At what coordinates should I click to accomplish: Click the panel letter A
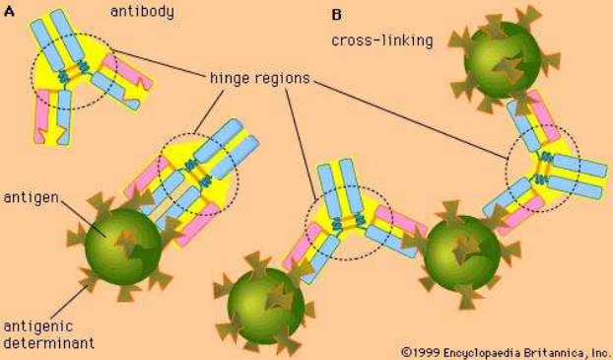tap(9, 12)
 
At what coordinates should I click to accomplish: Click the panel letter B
tap(336, 15)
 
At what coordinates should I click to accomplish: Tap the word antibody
tap(142, 12)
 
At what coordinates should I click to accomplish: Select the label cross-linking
tap(382, 40)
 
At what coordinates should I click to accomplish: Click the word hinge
tap(230, 79)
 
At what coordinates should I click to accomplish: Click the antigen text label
tap(32, 197)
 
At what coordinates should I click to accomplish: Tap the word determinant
tap(49, 342)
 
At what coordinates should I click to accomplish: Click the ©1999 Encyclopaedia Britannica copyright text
tap(506, 352)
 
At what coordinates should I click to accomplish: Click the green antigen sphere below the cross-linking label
tap(502, 60)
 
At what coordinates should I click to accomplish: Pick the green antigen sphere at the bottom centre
tap(266, 306)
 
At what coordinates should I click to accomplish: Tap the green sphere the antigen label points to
tap(123, 247)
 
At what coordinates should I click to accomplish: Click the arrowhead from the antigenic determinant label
tap(86, 287)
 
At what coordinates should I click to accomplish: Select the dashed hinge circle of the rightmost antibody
tap(506, 169)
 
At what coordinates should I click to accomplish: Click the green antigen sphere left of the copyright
tap(461, 253)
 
